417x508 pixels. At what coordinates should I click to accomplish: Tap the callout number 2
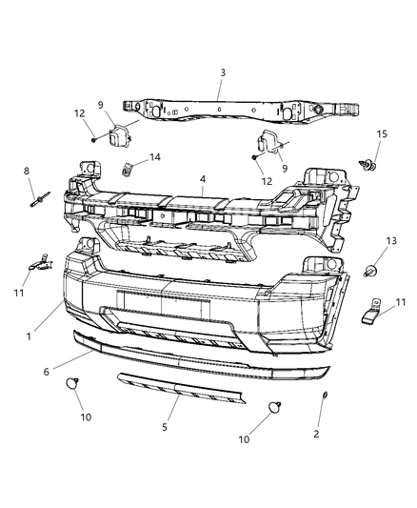tap(317, 434)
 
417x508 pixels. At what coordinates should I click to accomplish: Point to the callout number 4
tap(203, 178)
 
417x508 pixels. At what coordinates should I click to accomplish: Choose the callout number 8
tap(28, 171)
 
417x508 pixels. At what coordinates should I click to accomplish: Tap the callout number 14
tap(154, 157)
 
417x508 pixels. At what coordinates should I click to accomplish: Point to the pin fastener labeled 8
tap(43, 200)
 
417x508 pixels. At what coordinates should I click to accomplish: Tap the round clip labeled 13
tap(371, 270)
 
